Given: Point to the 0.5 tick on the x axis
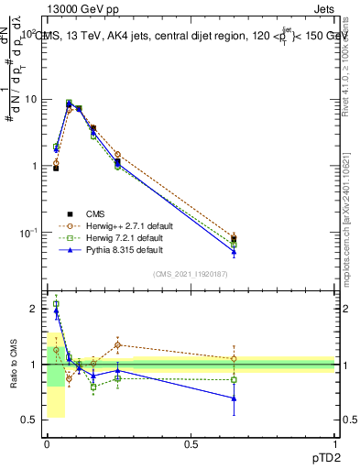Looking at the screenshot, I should pos(191,443).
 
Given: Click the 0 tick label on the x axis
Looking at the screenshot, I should pos(47,443).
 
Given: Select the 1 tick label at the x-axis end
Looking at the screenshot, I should pos(334,443).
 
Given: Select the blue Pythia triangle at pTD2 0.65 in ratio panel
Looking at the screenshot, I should pos(234,398).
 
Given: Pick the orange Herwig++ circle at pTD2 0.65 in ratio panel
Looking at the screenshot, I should pos(234,359).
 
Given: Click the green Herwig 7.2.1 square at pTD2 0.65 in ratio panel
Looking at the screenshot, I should pos(234,379).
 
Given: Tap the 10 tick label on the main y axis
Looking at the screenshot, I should pos(29,99).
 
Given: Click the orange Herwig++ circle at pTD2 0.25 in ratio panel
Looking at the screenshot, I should pos(118,345).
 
